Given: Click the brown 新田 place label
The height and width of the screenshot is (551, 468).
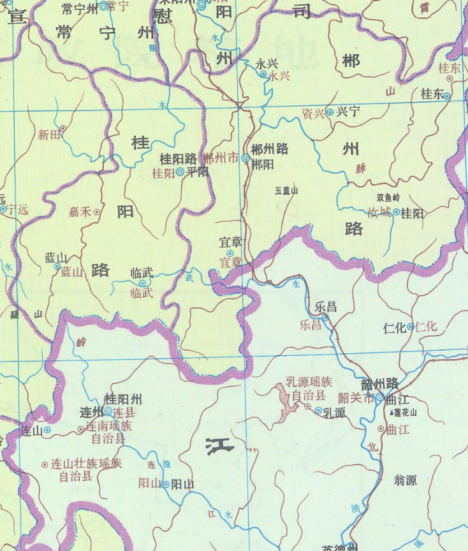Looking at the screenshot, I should (48, 134).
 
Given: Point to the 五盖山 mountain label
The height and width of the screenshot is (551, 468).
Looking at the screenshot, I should (286, 190).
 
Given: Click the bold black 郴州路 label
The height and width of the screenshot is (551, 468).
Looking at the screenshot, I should (270, 149).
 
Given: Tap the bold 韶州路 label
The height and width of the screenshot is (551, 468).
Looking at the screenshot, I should (379, 384).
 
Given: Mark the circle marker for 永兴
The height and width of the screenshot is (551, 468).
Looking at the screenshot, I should (263, 74).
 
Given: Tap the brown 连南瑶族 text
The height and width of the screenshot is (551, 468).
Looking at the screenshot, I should (109, 425).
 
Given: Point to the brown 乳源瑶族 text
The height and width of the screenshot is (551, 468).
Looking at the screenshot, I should (309, 383).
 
